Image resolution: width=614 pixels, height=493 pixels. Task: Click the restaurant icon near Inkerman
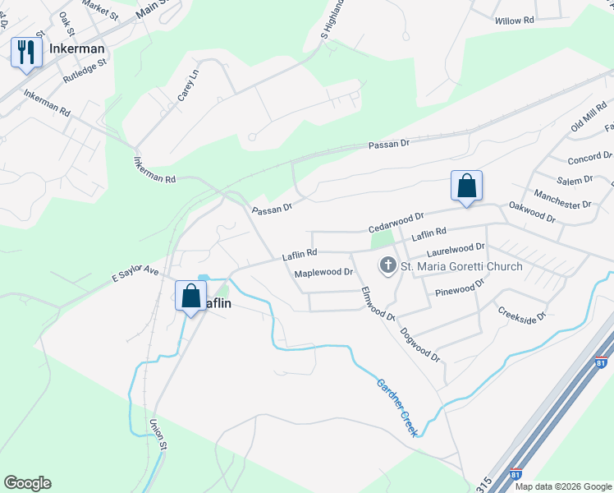(x=26, y=53)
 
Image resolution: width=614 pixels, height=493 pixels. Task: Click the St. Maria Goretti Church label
(x=461, y=266)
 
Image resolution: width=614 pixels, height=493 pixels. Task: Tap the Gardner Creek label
(x=398, y=407)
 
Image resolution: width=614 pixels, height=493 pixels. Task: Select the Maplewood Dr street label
(x=323, y=272)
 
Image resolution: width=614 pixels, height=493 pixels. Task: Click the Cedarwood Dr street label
(x=396, y=219)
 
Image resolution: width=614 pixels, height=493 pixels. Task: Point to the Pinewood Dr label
(x=461, y=288)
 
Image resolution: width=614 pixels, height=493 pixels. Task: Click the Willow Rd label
(x=515, y=20)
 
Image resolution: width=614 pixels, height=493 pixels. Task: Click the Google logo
(x=27, y=483)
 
